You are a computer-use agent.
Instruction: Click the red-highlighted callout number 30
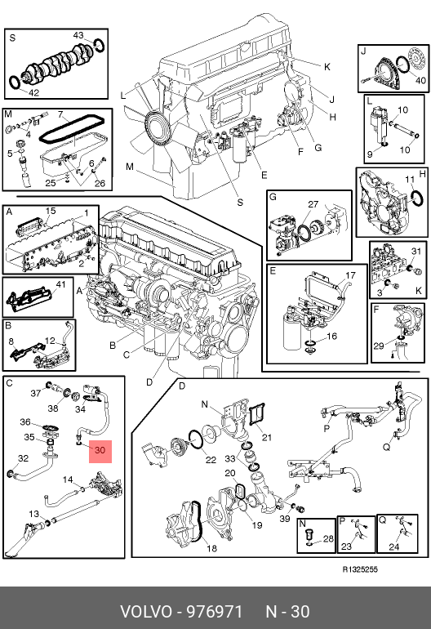pos(100,450)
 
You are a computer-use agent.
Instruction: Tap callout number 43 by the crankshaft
pos(78,35)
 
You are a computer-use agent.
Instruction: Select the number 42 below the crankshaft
pos(33,92)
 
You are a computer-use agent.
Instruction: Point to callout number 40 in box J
pos(420,81)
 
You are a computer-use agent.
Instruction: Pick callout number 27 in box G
pos(313,204)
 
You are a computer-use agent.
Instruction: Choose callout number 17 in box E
pos(350,275)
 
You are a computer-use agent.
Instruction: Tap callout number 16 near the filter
pos(331,336)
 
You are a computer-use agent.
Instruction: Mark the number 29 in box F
pos(379,346)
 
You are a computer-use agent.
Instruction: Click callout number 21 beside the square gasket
pos(267,437)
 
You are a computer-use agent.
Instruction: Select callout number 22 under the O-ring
pos(211,460)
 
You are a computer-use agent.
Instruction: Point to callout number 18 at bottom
pos(211,548)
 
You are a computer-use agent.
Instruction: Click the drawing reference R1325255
pos(360,569)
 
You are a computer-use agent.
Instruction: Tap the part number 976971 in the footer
pos(215,612)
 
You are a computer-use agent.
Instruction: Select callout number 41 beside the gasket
pos(60,284)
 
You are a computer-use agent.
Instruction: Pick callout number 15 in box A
pos(51,211)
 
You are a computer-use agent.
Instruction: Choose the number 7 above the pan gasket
pos(60,114)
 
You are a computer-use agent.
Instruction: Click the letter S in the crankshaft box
pos(12,38)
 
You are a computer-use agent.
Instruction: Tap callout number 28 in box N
pos(328,538)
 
